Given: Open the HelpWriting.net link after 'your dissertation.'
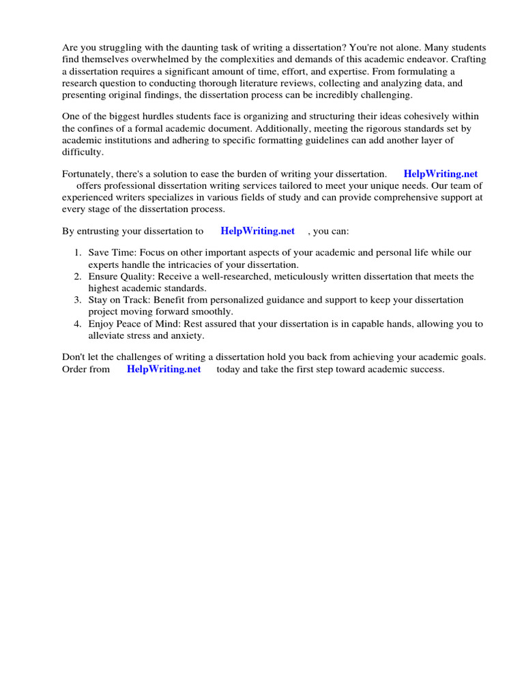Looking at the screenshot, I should tap(441, 174).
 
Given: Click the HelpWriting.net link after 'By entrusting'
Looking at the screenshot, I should tap(257, 231).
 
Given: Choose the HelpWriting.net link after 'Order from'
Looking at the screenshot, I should tap(164, 369).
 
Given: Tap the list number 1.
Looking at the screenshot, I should tap(78, 253).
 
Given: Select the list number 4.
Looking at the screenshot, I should tap(78, 324).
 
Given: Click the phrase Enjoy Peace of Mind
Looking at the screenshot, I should tap(130, 324).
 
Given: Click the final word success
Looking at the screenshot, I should tap(426, 369).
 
